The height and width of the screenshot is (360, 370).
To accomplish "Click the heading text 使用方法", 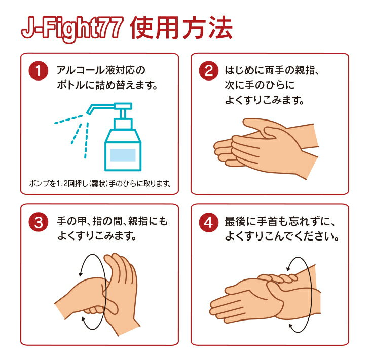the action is [x=181, y=28].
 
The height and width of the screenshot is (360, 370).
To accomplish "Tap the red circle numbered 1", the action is [x=38, y=71].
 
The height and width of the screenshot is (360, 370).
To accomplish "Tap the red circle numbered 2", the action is [x=209, y=71].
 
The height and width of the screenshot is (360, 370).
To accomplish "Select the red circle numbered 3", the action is [x=38, y=222].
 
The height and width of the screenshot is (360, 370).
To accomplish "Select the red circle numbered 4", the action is [x=209, y=222].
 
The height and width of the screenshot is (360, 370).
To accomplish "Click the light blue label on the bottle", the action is [x=123, y=155].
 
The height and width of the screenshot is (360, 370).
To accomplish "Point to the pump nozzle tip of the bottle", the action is [x=88, y=113].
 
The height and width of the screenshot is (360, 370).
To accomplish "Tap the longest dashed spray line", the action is [x=86, y=140].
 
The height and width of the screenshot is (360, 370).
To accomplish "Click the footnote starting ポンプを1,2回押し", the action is [x=100, y=183].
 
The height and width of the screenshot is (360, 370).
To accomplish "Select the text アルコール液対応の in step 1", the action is [x=101, y=70].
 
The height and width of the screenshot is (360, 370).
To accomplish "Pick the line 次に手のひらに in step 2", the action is [x=260, y=85].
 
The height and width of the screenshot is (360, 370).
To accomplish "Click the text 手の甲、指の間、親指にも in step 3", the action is [x=113, y=221].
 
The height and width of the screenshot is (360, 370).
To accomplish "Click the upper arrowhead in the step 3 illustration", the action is [x=81, y=274].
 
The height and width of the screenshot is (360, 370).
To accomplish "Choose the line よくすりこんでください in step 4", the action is [x=282, y=236].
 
